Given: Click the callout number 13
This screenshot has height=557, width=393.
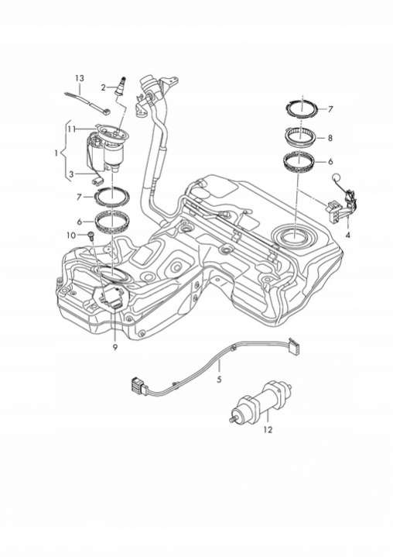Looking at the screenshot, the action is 80,78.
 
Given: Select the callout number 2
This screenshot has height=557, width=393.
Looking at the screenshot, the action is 103,88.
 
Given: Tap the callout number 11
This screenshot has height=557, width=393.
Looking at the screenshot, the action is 72,129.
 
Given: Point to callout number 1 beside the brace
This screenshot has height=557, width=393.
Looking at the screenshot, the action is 56,153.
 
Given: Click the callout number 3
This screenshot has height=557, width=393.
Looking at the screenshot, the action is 72,174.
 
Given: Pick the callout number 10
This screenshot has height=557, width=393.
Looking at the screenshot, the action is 71,236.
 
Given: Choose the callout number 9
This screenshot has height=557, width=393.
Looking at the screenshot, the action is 115,347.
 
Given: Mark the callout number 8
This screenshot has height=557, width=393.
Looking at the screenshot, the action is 330,138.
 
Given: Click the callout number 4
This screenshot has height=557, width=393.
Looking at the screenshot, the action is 347,236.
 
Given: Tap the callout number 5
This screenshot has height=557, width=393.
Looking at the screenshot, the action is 219,380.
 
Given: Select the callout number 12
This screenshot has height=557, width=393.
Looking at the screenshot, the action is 268,430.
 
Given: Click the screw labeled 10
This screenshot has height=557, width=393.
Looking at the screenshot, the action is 91,235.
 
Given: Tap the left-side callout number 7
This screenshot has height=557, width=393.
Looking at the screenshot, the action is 80,197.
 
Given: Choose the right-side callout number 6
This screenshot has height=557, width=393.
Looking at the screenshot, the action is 330,162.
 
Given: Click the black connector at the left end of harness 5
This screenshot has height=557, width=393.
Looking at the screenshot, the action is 138,386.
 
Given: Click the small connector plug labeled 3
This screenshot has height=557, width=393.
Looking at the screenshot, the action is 97,181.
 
